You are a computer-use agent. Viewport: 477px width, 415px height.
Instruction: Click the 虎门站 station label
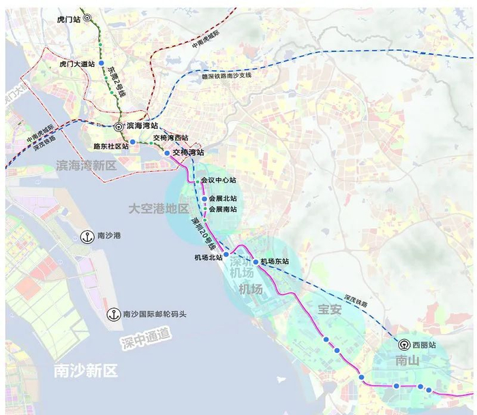(x=70, y=20)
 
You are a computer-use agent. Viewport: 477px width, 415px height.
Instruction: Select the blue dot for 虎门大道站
(x=101, y=63)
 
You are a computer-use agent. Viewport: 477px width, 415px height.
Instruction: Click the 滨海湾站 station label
(x=142, y=126)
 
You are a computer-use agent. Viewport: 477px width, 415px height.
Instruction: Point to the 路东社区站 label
(x=111, y=146)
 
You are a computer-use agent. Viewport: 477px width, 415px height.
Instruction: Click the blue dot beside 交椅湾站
(x=167, y=153)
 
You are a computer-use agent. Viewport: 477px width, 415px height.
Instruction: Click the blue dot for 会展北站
(x=204, y=199)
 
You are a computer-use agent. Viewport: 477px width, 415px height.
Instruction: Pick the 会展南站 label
(x=223, y=209)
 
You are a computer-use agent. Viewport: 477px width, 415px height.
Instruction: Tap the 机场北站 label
(x=209, y=258)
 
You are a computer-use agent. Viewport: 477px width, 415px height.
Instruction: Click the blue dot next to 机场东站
(x=256, y=262)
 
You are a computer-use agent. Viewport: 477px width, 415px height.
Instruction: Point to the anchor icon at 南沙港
(x=87, y=236)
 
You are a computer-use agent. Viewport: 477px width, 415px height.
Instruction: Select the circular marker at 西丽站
(x=404, y=345)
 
